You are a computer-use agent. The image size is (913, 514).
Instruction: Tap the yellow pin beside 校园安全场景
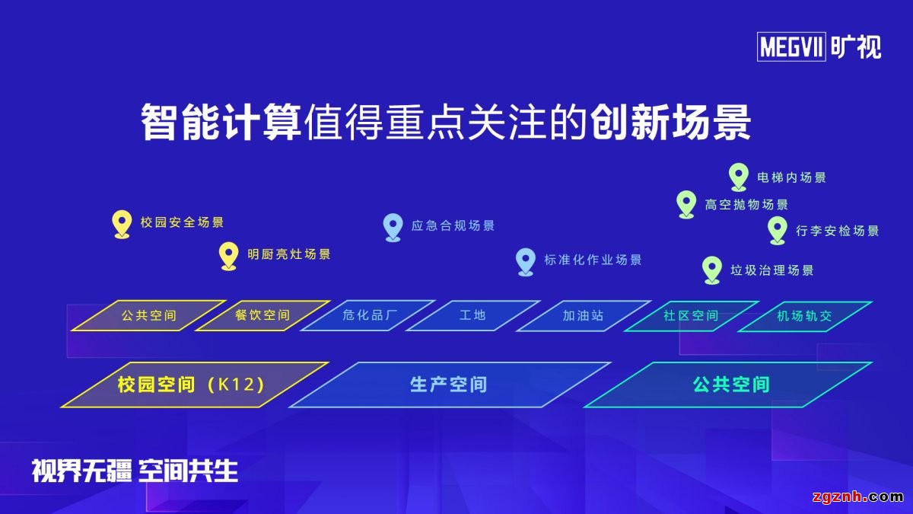tap(121, 223)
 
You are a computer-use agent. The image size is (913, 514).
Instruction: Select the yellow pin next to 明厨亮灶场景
tap(228, 255)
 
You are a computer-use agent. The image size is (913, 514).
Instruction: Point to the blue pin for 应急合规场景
tap(393, 226)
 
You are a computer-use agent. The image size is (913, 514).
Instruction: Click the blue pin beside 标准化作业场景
tap(525, 260)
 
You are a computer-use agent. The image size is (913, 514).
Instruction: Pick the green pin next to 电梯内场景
tap(738, 176)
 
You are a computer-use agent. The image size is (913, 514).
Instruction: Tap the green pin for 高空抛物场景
tap(686, 203)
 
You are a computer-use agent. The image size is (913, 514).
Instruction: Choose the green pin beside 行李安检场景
tap(777, 229)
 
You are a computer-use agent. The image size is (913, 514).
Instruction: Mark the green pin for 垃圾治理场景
tap(711, 269)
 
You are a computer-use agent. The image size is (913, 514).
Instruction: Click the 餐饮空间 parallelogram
tap(262, 315)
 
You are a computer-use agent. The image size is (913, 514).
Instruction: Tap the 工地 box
tap(472, 315)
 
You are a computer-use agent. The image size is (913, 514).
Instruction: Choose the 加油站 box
tap(584, 315)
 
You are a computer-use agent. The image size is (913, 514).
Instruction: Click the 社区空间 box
tap(691, 315)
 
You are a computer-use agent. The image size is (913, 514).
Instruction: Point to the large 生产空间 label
tap(448, 385)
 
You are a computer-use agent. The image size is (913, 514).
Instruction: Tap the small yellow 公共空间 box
tap(148, 315)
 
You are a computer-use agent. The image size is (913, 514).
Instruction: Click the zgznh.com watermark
tap(857, 497)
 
